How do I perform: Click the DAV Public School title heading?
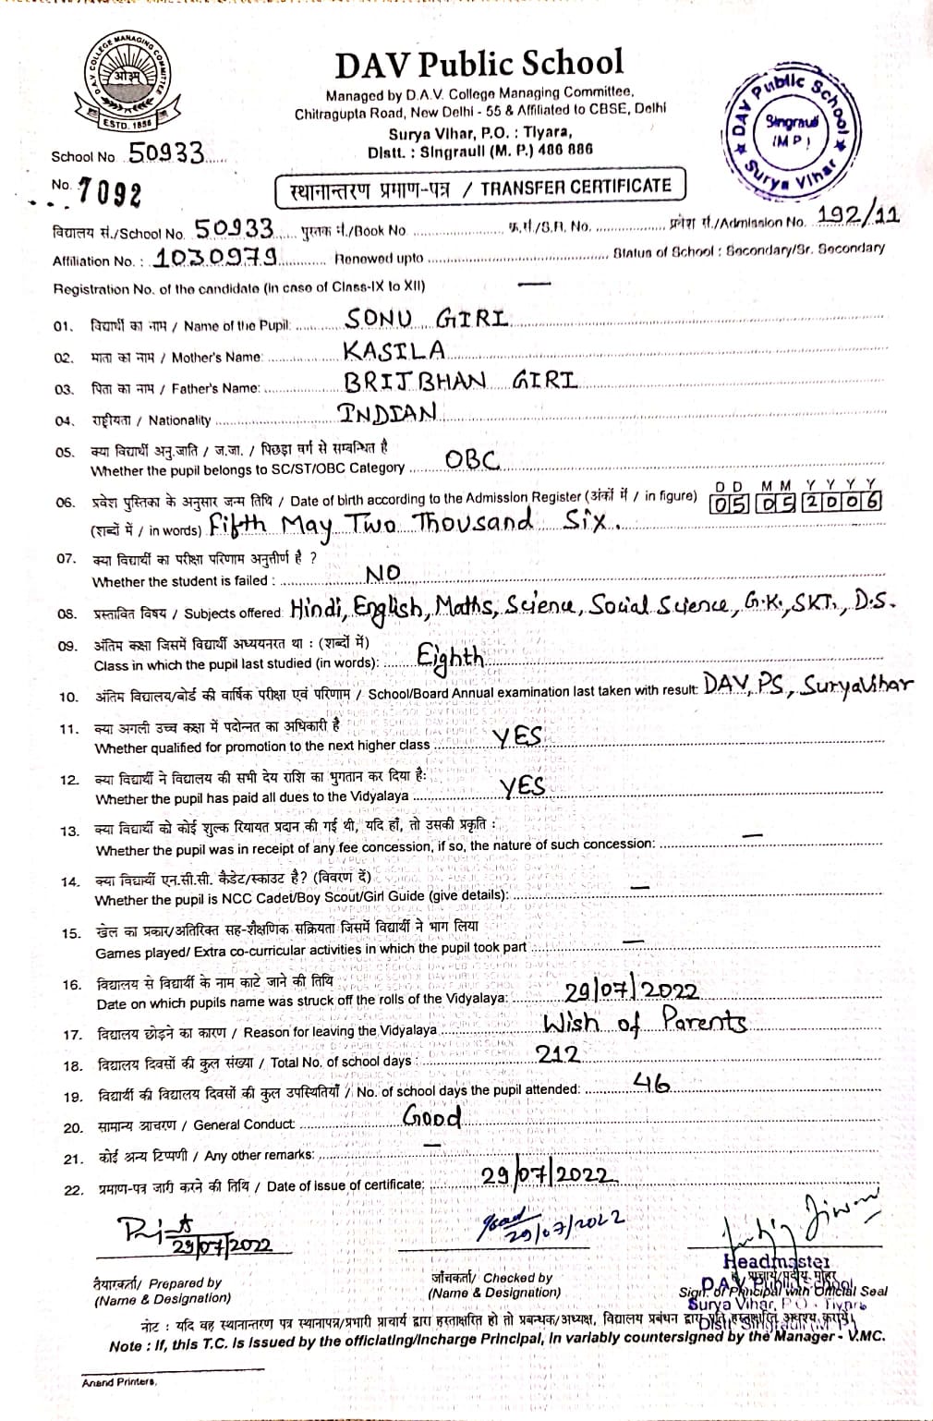[479, 64]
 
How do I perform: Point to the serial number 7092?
[110, 192]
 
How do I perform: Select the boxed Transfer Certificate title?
[480, 188]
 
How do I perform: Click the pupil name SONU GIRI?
[427, 320]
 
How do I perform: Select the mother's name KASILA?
[394, 350]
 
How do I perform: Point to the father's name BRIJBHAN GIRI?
[460, 381]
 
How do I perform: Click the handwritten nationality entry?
[387, 412]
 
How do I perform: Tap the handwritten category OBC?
[472, 459]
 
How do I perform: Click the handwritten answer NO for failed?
[382, 574]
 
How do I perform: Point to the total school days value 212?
[558, 1054]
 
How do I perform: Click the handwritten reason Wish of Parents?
[645, 1022]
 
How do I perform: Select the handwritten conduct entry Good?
[431, 1116]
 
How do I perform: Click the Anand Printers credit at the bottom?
[119, 1382]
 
